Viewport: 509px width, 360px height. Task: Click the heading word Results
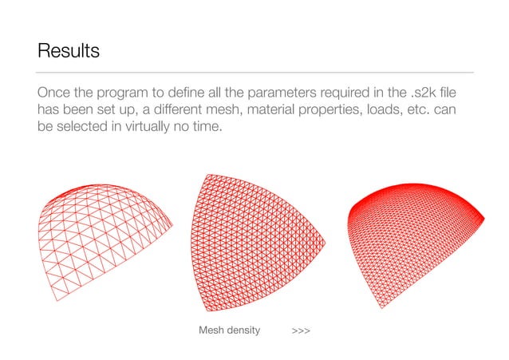click(x=68, y=52)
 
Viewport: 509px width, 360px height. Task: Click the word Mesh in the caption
click(x=211, y=330)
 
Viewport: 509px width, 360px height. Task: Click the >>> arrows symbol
click(x=301, y=330)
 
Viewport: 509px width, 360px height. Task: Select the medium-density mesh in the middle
click(x=255, y=239)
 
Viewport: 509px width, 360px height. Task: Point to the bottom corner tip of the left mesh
click(x=57, y=300)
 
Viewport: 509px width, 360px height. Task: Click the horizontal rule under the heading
click(x=255, y=72)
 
